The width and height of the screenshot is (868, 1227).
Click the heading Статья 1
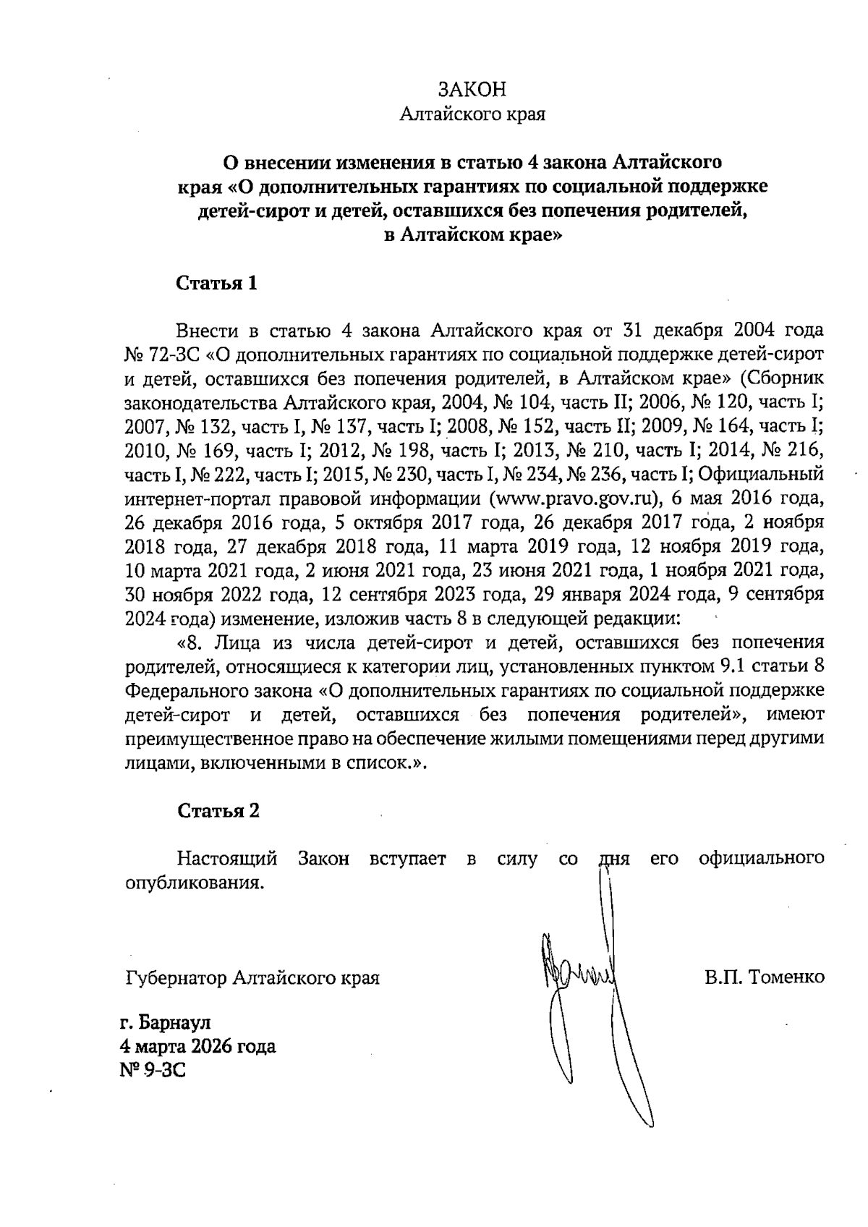(217, 283)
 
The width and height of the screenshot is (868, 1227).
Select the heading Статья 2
(218, 810)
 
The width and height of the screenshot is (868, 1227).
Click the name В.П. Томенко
(765, 977)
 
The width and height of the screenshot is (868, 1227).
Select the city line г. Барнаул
(166, 1023)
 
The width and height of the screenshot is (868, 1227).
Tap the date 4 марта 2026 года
(197, 1046)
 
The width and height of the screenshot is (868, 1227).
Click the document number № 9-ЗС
(152, 1069)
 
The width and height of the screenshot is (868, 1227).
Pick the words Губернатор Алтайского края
(252, 978)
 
